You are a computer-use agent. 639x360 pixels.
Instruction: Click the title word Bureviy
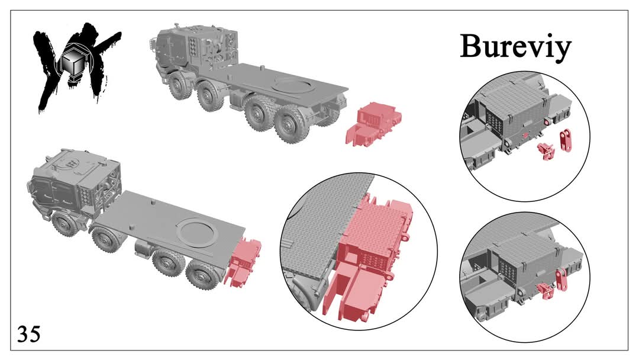point(515,47)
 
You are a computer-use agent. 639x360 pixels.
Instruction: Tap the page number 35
point(29,335)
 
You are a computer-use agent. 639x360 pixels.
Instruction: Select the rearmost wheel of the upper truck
point(289,123)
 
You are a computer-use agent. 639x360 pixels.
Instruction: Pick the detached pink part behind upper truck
point(373,124)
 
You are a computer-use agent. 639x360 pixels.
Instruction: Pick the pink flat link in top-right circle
point(565,140)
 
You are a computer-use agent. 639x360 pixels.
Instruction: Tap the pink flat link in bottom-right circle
point(561,279)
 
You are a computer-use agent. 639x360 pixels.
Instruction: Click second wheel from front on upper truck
point(211,96)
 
